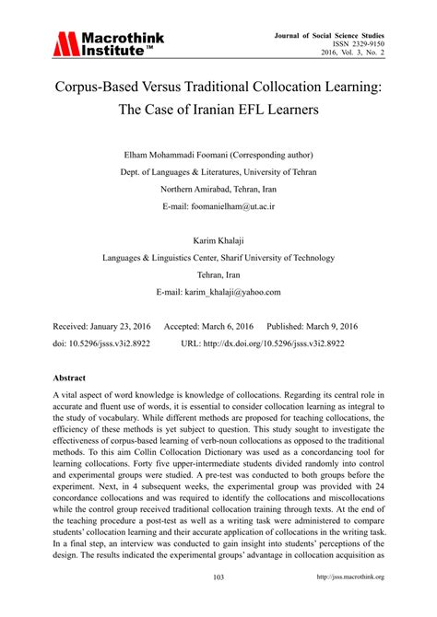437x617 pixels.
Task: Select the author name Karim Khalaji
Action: (218, 241)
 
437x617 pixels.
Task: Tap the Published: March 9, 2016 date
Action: (312, 327)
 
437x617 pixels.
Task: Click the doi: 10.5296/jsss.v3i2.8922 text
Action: (101, 343)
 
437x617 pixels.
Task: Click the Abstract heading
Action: (70, 378)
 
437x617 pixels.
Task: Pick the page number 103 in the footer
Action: (218, 603)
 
